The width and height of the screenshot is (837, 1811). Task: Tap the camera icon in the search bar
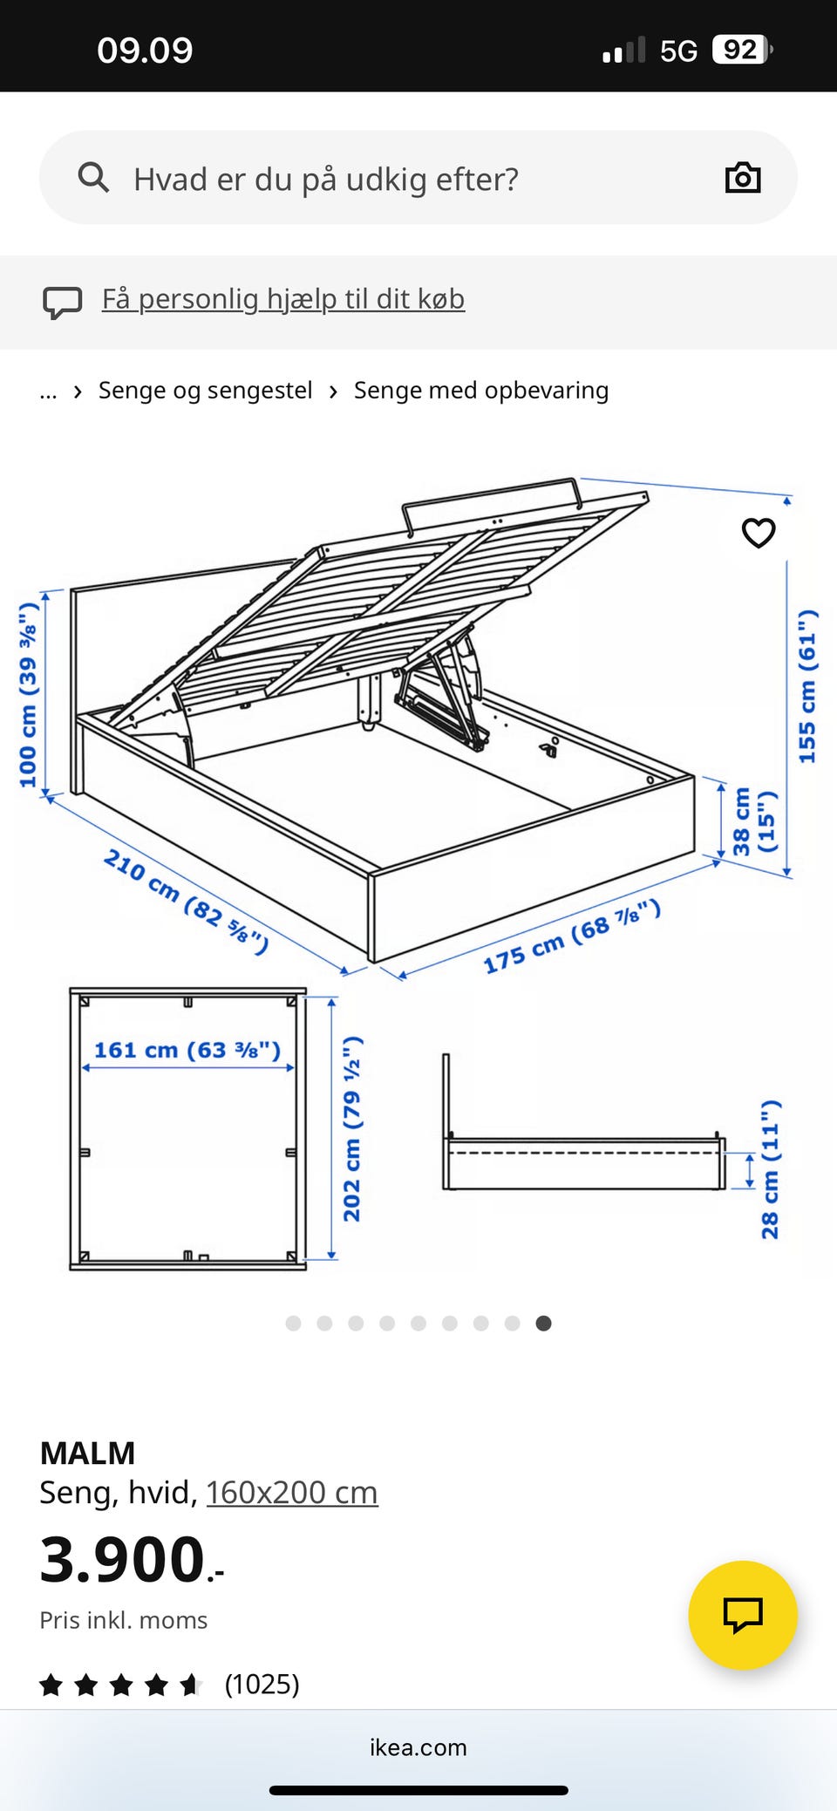(743, 178)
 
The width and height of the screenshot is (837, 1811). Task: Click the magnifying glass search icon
(93, 177)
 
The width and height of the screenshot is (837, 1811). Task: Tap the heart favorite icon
(759, 533)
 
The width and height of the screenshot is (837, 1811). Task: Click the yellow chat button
(743, 1615)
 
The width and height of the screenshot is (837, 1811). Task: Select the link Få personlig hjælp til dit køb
(283, 299)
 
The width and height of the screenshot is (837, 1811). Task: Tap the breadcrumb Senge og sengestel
(205, 391)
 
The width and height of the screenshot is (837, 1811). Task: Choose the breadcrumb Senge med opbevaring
(481, 391)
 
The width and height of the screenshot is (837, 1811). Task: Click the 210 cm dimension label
(186, 902)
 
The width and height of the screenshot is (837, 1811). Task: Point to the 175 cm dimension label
(572, 936)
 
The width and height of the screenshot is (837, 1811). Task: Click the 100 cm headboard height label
(29, 694)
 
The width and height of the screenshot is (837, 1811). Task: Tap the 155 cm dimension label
(808, 686)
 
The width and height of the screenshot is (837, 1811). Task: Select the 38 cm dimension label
(753, 821)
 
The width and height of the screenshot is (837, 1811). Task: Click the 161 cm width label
(187, 1050)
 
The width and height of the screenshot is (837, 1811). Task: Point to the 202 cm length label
(352, 1129)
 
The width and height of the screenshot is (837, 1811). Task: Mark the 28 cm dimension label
(770, 1169)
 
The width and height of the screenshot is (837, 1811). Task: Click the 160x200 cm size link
(292, 1493)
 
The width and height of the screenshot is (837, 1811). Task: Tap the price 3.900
(132, 1560)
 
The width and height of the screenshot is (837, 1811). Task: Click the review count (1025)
(262, 1684)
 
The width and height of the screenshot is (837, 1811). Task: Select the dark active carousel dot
(543, 1324)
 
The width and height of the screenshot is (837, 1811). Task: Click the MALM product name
(87, 1454)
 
